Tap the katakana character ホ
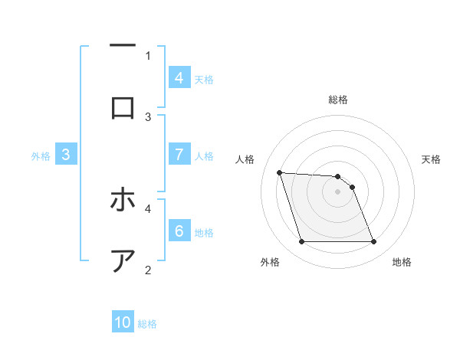point(123,201)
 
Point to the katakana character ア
point(123,260)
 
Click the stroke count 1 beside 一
point(148,55)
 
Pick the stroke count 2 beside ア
point(148,269)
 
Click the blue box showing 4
point(179,77)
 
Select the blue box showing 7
point(179,154)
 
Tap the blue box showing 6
point(179,231)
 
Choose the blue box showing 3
point(66,154)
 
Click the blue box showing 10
point(123,322)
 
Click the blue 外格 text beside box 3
point(41,156)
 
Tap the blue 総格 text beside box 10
point(147,324)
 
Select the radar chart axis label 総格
point(338,100)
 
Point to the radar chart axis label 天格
point(432,159)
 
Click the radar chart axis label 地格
point(402,262)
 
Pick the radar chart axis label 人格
point(245,159)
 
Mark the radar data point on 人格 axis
point(279,172)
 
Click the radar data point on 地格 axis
point(373,242)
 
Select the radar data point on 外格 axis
point(301,242)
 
